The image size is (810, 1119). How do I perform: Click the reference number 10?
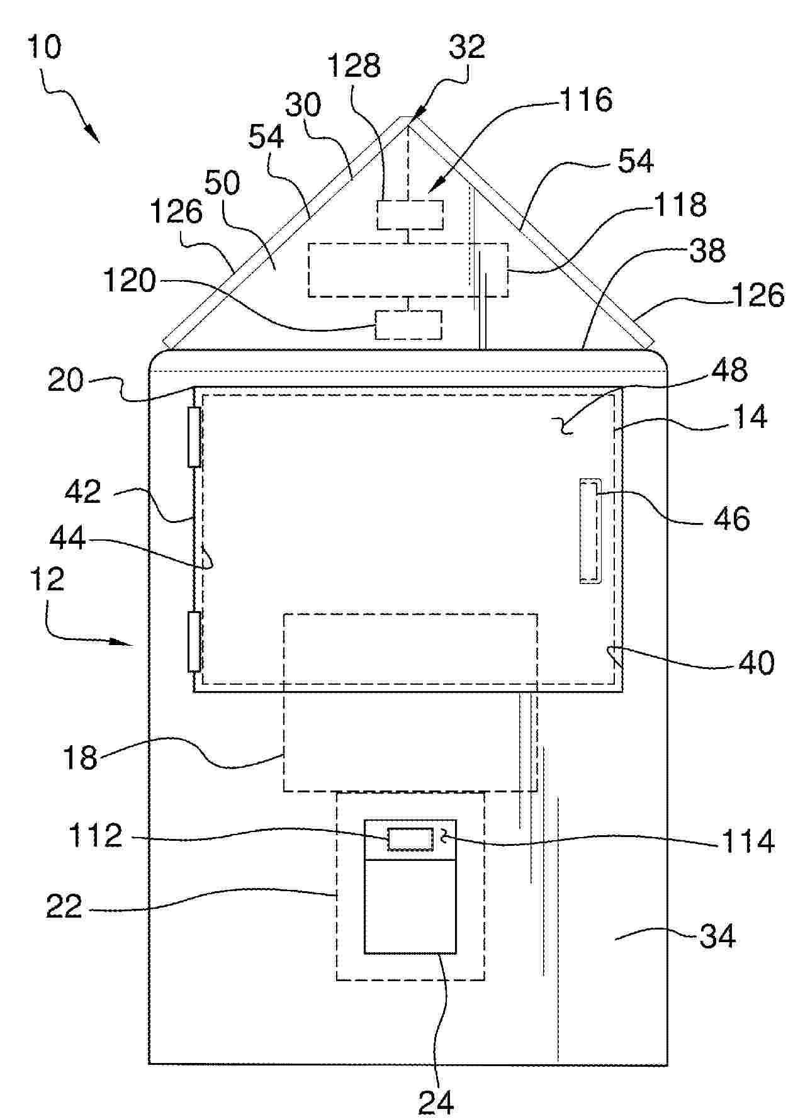point(45,48)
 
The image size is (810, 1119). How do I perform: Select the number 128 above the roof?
point(354,65)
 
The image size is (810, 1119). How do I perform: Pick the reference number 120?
point(130,280)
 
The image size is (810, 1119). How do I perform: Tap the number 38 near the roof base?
point(708,250)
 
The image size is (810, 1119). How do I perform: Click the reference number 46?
point(732,519)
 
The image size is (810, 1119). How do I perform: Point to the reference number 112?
point(96,836)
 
